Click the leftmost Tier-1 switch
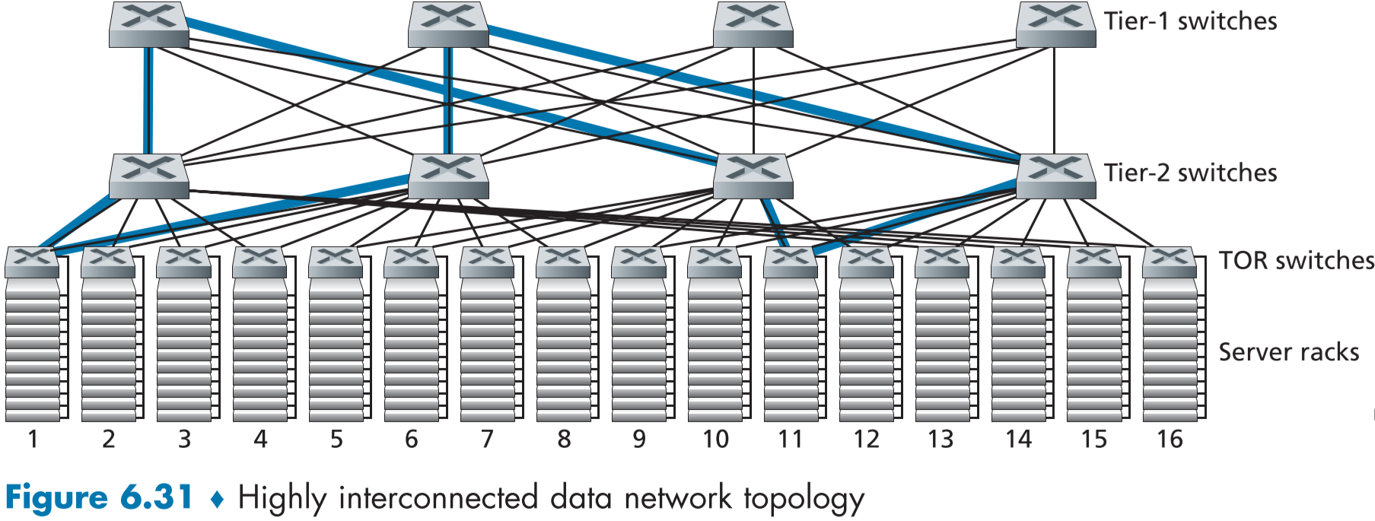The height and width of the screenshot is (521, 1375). [148, 24]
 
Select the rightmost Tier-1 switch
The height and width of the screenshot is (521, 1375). [1055, 24]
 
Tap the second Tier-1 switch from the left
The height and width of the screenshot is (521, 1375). [448, 24]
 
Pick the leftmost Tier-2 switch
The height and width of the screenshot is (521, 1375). [148, 176]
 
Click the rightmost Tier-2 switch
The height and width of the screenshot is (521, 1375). [1055, 176]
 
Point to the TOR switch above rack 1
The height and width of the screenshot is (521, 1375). [32, 262]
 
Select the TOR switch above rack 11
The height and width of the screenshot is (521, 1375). [791, 262]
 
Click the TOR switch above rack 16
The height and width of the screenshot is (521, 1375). [1170, 262]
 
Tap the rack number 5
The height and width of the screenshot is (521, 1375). [336, 439]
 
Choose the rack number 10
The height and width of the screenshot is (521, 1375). [715, 439]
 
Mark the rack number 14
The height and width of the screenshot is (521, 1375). [1018, 439]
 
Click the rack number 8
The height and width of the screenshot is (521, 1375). [564, 439]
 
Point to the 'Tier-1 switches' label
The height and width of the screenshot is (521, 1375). [1190, 21]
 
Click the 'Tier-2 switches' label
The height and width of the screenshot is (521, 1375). [1190, 173]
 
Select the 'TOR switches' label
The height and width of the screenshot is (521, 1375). [1296, 261]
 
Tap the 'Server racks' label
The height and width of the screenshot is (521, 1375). [1288, 352]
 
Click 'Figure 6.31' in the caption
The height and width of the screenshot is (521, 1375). [99, 498]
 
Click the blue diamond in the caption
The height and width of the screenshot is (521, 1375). [217, 500]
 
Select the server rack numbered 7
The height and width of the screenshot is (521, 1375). [488, 350]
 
